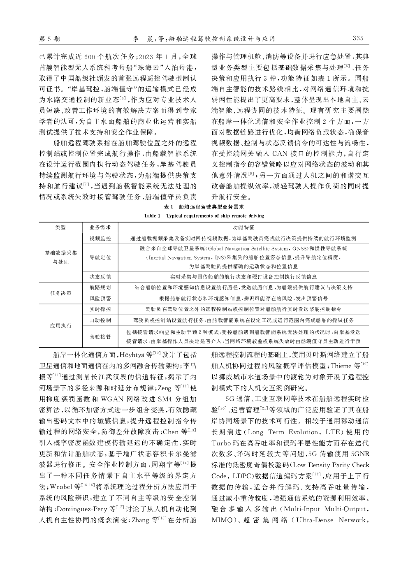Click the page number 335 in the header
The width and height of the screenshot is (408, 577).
[x=358, y=39]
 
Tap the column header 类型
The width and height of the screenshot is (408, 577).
[x=60, y=227]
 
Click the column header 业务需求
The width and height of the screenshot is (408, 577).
[x=100, y=227]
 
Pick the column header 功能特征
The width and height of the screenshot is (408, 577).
[x=243, y=227]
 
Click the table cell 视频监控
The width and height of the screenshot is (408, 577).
[x=100, y=239]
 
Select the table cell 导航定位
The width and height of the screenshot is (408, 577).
[x=100, y=257]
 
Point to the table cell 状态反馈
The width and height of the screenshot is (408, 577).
[x=100, y=277]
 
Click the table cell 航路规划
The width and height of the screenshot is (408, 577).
[x=100, y=287]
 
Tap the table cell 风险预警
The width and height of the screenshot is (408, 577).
[x=100, y=298]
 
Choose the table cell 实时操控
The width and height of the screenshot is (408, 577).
[x=100, y=309]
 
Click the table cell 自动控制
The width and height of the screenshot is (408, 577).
[x=100, y=320]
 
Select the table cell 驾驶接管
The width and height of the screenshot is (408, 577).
[x=100, y=336]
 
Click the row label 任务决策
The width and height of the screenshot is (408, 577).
[x=60, y=293]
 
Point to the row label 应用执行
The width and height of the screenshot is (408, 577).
[x=60, y=326]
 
